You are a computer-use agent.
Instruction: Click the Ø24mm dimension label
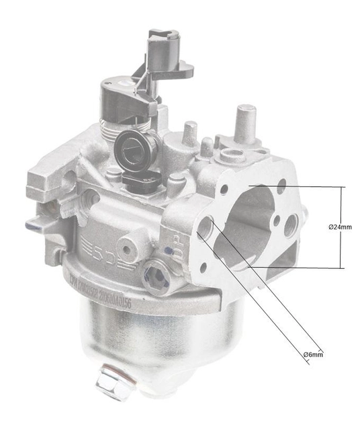340,227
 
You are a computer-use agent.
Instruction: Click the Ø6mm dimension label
312,354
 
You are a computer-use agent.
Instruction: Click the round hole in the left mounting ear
69,179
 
